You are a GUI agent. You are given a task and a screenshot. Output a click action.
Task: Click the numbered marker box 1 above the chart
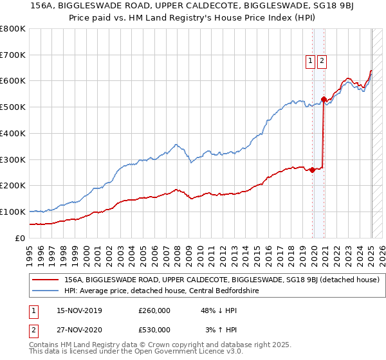coord(310,61)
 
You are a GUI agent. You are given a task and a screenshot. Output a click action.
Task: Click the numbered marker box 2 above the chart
coord(322,61)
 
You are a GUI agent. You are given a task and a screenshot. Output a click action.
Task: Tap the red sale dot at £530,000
coord(324,99)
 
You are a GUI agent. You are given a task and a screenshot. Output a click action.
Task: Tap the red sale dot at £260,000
coord(312,170)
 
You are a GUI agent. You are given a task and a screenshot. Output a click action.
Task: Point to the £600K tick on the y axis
coord(13,81)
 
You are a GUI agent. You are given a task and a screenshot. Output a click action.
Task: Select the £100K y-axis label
coord(13,212)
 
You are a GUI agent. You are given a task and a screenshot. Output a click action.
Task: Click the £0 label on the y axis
coord(20,238)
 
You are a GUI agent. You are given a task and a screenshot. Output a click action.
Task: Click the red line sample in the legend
coord(45,280)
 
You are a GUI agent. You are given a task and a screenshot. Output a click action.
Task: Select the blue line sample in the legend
coord(45,291)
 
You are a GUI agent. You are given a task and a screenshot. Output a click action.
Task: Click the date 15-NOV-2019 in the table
coord(79,310)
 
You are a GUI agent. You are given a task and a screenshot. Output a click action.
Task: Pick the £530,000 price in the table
coord(154,330)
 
